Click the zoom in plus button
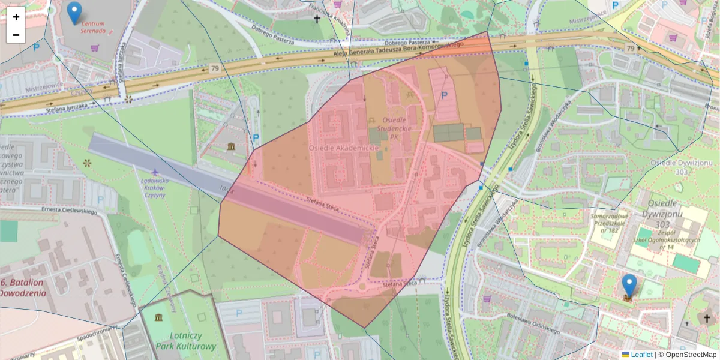(16, 17)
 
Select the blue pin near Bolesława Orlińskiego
(629, 286)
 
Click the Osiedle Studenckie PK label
(394, 128)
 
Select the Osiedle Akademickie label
(344, 148)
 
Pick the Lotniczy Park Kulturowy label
(186, 341)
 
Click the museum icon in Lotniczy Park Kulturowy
(158, 317)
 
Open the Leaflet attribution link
(641, 355)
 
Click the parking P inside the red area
(444, 95)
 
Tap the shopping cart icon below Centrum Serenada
(95, 47)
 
